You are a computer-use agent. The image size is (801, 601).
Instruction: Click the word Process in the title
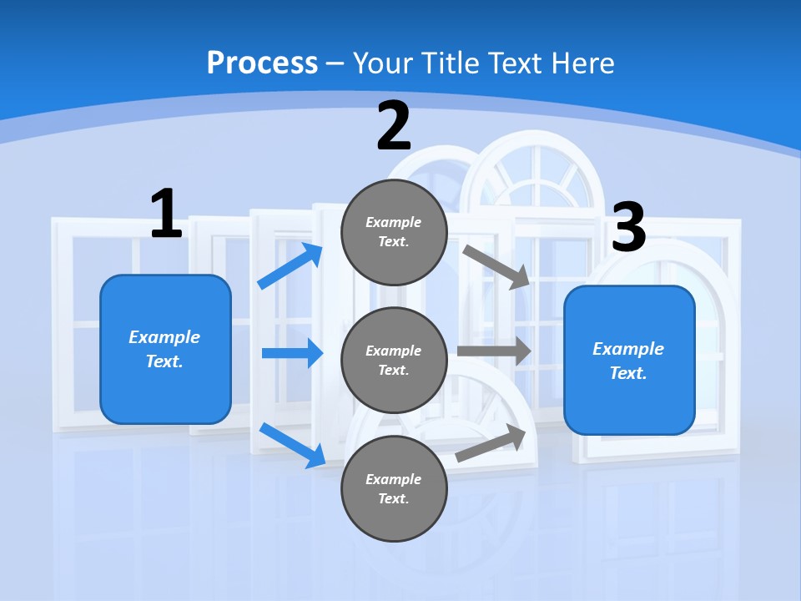262,63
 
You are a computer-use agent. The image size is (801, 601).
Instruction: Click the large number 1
166,215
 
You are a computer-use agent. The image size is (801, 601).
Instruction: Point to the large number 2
394,126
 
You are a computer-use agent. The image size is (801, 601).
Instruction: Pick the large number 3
629,228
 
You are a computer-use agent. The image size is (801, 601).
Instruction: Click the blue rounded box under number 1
165,349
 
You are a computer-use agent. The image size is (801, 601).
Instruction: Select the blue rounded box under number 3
629,361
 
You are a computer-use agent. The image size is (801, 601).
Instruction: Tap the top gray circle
394,232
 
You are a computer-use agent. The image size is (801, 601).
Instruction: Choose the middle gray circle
394,361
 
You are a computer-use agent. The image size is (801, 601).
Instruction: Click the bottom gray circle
394,489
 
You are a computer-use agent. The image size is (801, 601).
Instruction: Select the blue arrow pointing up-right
290,266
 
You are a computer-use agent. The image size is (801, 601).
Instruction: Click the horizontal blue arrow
292,353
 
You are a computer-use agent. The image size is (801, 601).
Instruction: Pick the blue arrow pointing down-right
292,445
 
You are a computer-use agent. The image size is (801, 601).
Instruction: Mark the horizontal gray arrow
494,351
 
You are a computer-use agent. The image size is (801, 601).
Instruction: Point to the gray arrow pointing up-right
491,442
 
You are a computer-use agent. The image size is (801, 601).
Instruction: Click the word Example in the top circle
394,223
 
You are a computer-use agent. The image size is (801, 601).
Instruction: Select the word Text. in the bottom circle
394,498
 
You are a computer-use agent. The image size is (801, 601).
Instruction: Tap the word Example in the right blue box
628,349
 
